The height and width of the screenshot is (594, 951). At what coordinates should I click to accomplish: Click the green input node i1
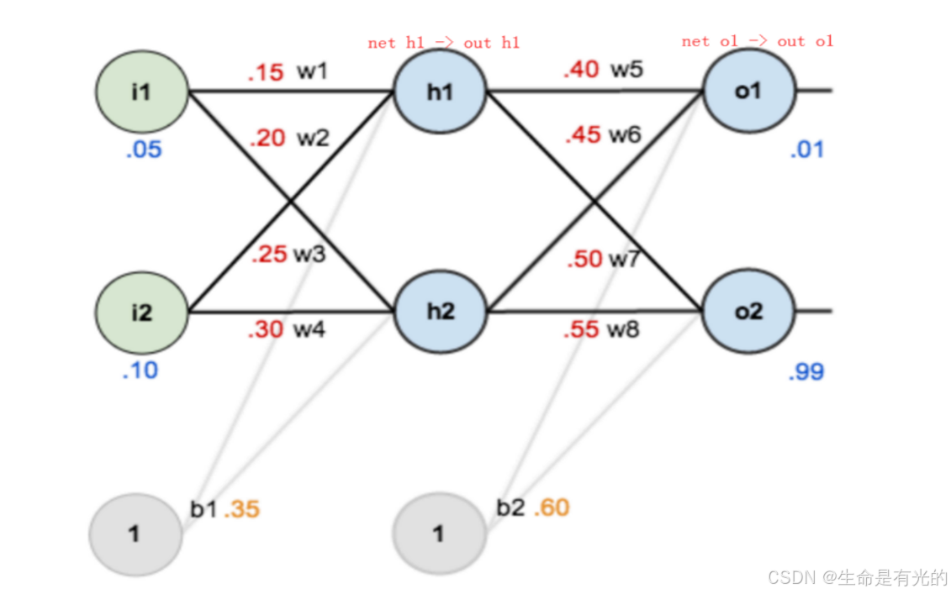(141, 92)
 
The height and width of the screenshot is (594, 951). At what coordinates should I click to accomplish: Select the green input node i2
(141, 313)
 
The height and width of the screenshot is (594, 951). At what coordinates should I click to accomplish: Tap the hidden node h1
(439, 92)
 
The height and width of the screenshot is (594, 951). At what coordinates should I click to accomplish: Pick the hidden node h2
(439, 312)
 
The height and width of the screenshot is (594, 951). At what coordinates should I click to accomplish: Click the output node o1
(748, 90)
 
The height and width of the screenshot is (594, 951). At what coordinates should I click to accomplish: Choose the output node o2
(748, 311)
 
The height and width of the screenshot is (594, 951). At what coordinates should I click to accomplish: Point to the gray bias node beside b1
(135, 534)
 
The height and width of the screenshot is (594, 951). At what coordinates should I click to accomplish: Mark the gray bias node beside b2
(438, 534)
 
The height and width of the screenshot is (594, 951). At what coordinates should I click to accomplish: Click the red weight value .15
(266, 73)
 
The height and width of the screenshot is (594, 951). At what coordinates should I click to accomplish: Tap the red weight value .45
(583, 134)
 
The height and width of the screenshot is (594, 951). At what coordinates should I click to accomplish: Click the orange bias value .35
(242, 510)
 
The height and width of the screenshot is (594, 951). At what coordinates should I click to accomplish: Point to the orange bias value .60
(552, 508)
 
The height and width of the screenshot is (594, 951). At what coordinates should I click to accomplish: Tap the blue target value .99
(806, 372)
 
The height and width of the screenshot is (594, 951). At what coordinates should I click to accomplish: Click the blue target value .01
(806, 150)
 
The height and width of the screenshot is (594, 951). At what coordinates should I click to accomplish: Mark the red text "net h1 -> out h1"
(443, 43)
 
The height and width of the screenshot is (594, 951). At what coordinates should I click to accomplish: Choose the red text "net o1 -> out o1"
(757, 41)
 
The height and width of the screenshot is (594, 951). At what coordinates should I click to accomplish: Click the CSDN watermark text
(858, 577)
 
